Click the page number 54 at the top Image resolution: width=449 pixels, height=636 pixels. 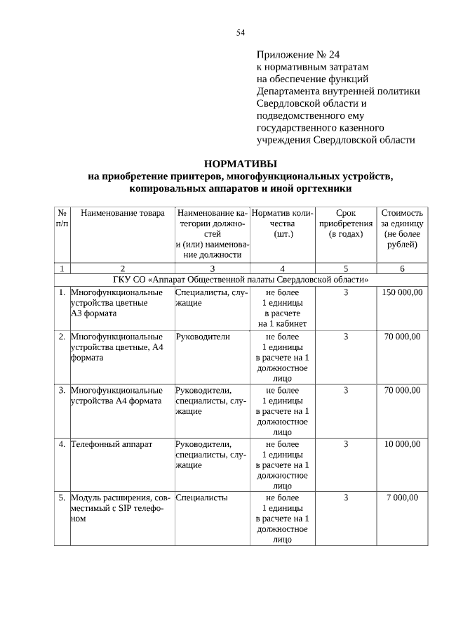[x=241, y=32]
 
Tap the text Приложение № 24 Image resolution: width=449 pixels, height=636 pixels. [x=298, y=54]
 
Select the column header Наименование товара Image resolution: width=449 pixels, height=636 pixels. [x=123, y=213]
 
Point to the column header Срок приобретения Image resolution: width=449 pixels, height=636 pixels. [x=346, y=223]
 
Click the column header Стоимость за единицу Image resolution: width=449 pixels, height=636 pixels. [x=402, y=228]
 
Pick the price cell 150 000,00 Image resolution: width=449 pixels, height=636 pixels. [x=402, y=292]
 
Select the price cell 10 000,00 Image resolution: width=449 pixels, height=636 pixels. [x=402, y=443]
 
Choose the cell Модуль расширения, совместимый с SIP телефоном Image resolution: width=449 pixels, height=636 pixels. [x=116, y=508]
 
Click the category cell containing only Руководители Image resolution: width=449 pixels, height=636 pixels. [x=203, y=337]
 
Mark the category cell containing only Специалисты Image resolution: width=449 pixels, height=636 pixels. [x=201, y=498]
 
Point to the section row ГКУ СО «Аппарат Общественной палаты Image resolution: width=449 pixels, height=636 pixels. [x=241, y=279]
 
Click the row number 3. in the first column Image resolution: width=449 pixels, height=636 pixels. [x=62, y=390]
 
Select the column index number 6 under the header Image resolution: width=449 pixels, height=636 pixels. [x=402, y=268]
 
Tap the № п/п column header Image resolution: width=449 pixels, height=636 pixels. [x=62, y=218]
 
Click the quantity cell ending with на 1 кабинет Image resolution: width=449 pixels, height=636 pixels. [x=282, y=308]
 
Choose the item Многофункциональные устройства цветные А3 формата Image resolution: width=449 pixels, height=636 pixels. [x=116, y=303]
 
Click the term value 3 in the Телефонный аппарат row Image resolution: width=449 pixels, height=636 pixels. [x=346, y=443]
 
